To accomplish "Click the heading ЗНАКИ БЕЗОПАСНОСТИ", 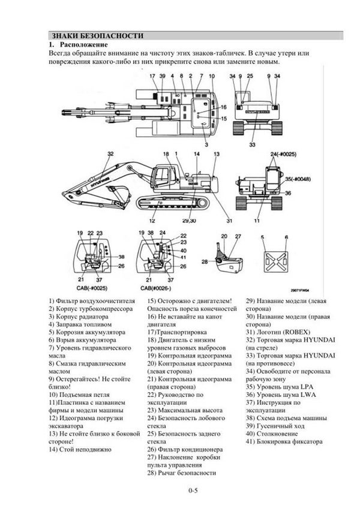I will coord(97,35).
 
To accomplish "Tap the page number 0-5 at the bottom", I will coord(193,492).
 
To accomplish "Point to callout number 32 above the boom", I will coord(110,155).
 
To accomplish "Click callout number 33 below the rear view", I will coord(251,144).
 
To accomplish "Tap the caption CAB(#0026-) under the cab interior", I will coord(158,288).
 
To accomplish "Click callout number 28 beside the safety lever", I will coord(203,261).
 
